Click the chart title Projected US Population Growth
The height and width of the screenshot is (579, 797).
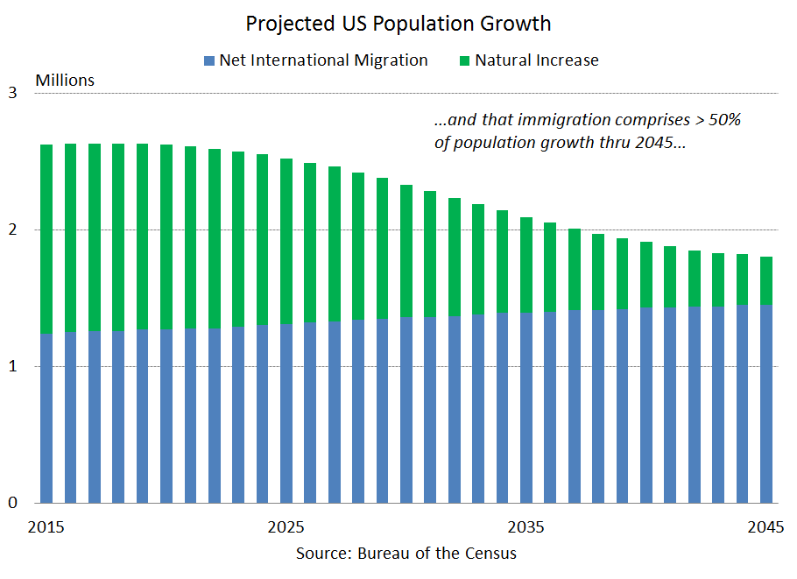[398, 23]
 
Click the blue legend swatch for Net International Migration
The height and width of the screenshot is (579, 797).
[208, 61]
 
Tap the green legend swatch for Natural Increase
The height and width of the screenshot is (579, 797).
[463, 61]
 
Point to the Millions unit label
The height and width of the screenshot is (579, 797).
[65, 81]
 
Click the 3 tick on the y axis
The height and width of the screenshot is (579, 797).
[12, 93]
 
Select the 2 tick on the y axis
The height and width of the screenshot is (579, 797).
[12, 229]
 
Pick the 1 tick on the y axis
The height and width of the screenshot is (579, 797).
[12, 366]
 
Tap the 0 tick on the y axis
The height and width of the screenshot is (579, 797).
[12, 503]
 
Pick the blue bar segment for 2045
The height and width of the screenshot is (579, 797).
[766, 404]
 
